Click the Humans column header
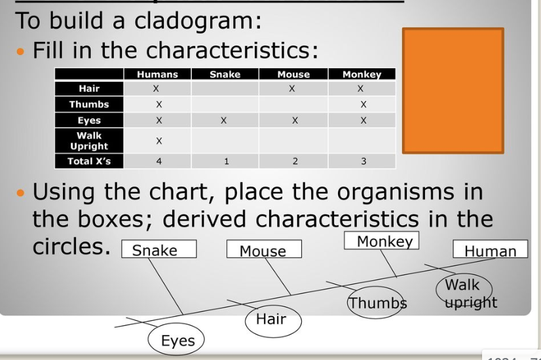click(157, 75)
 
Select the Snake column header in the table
click(225, 75)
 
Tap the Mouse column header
click(293, 75)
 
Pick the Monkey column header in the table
click(362, 75)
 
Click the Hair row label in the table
click(89, 88)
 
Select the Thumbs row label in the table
click(89, 104)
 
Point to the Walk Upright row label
click(89, 141)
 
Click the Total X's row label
click(89, 161)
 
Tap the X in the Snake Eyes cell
click(225, 120)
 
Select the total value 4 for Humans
click(158, 161)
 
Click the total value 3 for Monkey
click(363, 161)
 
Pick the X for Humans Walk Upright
click(158, 141)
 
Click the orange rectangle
click(453, 90)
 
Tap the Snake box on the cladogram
click(159, 250)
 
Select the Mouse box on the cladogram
click(263, 250)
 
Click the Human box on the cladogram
click(490, 250)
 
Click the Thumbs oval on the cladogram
click(377, 303)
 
